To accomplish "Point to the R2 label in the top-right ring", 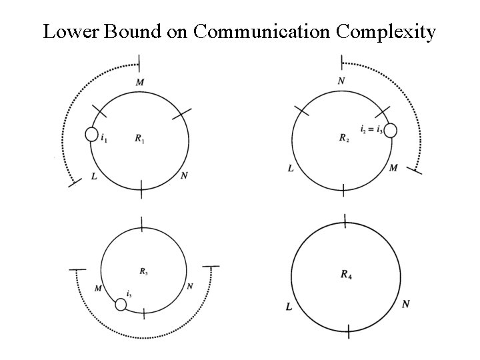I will coord(343,139).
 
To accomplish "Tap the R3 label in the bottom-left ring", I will coord(144,271).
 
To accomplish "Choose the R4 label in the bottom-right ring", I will coord(345,273).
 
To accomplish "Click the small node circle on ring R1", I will coord(92,135).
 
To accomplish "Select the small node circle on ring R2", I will coord(391,131).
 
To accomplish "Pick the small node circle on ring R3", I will coord(121,305).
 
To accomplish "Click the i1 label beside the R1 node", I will coord(104,139).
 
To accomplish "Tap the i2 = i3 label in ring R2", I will coord(371,129).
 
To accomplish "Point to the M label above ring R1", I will coord(140,82).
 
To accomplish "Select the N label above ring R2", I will coord(342,81).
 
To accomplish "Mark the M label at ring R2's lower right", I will coord(393,168).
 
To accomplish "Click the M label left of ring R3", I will coord(98,288).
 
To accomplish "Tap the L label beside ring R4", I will coord(288,307).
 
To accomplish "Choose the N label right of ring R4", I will coord(406,305).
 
